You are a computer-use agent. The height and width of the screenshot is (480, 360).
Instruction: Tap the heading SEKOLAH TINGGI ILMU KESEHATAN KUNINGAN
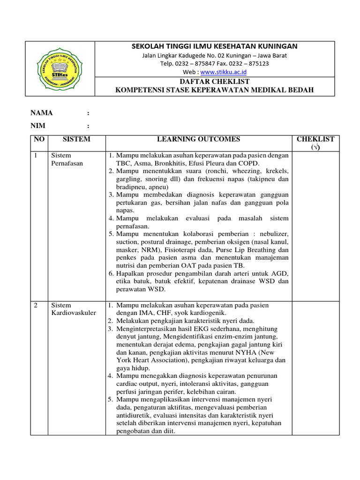tap(215, 46)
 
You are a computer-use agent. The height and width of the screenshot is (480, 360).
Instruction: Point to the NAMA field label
tap(42, 113)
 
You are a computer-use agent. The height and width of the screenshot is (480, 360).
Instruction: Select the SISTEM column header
tap(76, 139)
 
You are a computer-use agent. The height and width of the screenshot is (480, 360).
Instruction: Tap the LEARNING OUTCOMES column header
tap(198, 139)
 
